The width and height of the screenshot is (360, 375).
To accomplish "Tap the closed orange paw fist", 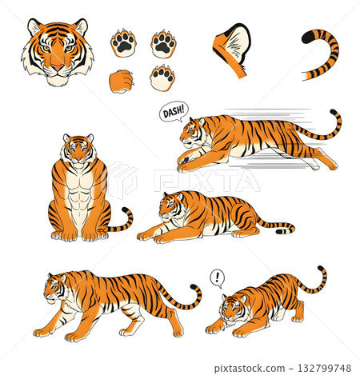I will [121, 81].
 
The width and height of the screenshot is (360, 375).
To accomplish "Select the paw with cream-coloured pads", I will [163, 78].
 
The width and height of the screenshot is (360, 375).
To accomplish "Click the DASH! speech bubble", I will [172, 112].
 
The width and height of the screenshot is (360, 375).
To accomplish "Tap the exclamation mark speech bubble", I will [217, 277].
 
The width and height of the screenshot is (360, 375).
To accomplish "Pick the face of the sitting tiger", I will [78, 150].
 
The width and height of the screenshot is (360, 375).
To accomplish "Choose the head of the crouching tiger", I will [231, 308].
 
